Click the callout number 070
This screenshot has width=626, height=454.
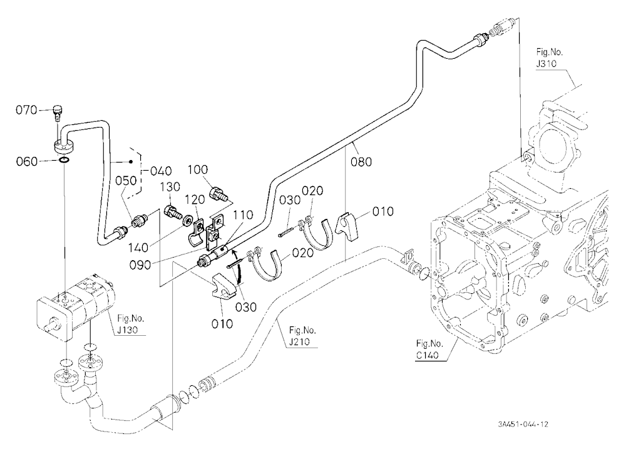(x=26, y=109)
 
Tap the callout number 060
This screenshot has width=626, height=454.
(x=27, y=161)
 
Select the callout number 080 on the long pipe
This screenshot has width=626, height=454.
(x=361, y=161)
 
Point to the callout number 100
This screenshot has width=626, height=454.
(x=198, y=169)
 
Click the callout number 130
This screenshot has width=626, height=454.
(x=170, y=187)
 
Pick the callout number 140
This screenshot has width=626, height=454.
(x=138, y=248)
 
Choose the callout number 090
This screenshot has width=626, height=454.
(x=140, y=265)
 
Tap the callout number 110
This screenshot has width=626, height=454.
(x=243, y=214)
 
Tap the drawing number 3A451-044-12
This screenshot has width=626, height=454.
(x=523, y=424)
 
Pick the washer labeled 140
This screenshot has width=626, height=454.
(x=187, y=220)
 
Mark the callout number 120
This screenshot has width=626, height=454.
(x=195, y=199)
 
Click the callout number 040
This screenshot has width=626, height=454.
(x=161, y=171)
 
